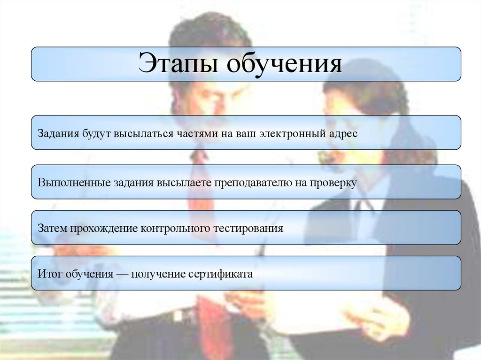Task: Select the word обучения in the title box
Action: pos(285,64)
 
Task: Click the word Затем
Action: pos(53,229)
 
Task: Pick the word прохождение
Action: pos(104,229)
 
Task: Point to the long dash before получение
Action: pos(123,274)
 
